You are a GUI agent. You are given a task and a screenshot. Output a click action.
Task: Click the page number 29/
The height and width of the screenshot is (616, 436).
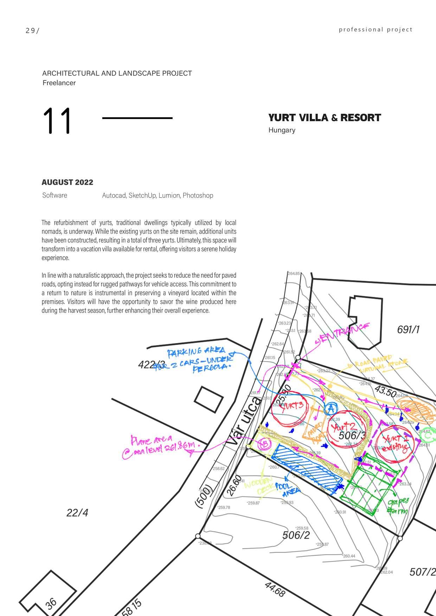point(32,31)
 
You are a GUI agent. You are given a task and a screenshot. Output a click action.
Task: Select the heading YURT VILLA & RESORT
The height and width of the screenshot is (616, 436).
point(324,118)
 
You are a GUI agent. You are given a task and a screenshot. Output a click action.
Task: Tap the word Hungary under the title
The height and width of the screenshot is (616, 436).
point(282,130)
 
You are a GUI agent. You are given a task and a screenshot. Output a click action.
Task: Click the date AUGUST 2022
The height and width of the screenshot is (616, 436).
point(67,182)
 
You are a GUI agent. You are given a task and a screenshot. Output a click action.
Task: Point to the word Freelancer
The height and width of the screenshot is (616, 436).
point(59,83)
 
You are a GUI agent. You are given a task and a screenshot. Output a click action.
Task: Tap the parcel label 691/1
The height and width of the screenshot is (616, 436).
point(408,329)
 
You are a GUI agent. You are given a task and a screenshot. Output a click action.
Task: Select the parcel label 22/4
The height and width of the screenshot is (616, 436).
point(77,513)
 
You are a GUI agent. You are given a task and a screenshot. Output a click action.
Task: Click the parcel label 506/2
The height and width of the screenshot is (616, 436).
point(296,535)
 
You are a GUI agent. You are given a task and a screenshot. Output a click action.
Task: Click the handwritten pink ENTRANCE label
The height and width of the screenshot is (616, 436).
point(343,333)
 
